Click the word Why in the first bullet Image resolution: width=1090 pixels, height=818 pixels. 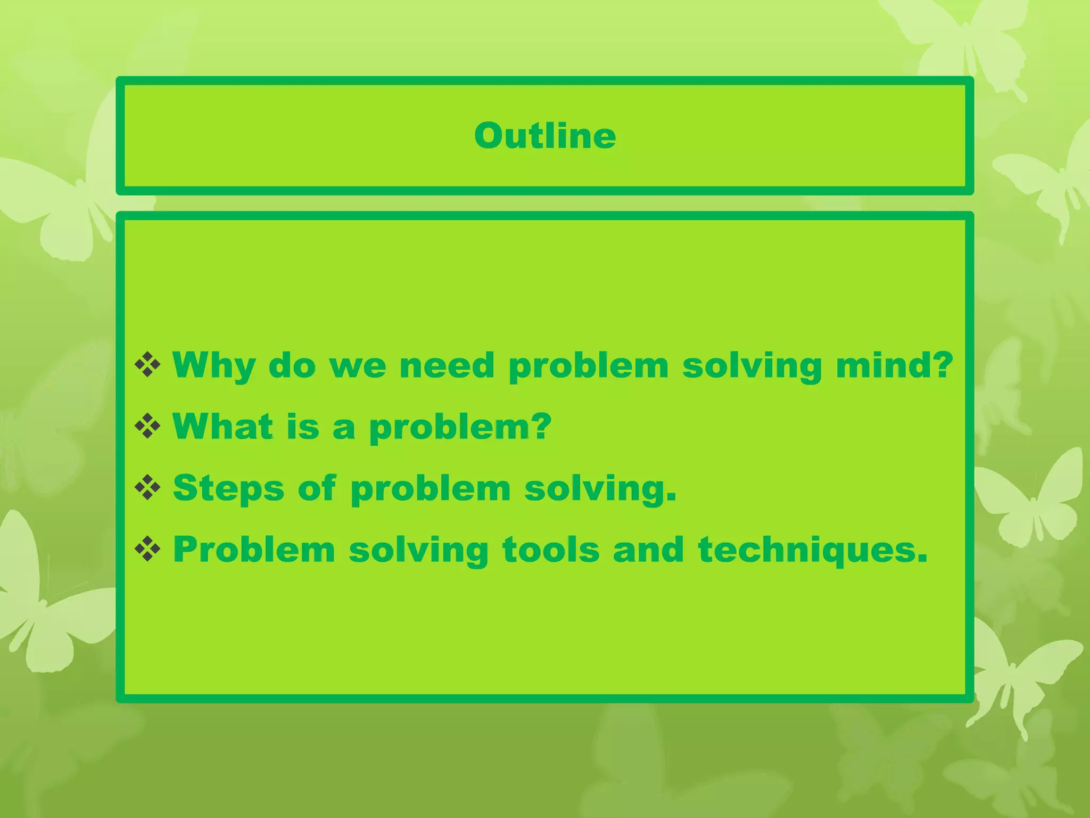point(213,366)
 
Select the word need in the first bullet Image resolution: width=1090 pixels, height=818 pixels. point(447,366)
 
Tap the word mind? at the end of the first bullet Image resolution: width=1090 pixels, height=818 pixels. point(894,366)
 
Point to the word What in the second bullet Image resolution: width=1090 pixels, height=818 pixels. point(223,427)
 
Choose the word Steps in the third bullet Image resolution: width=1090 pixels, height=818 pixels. point(228,489)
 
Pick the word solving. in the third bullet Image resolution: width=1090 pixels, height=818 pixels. point(600,489)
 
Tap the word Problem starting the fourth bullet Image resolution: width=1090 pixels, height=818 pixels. point(254,550)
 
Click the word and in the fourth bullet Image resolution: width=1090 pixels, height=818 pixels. point(648,550)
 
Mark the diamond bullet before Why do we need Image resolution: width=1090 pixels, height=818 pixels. point(147,365)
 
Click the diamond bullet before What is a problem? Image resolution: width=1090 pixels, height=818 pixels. point(147,427)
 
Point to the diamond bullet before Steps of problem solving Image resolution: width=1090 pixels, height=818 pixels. point(147,488)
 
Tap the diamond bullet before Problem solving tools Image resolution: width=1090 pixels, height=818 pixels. point(147,549)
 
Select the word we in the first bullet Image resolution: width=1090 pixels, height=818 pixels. point(358,367)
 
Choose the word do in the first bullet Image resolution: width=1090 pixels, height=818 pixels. point(292,366)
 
